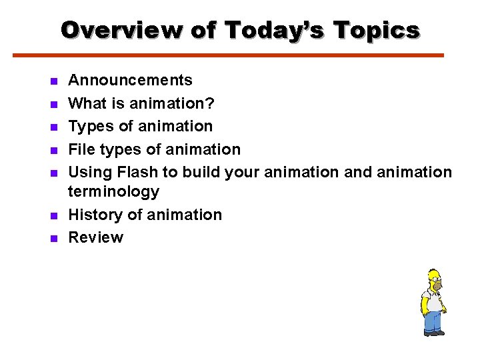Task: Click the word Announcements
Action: (x=131, y=81)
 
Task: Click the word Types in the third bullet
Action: (x=89, y=127)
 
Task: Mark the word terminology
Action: (x=114, y=192)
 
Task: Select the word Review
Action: (x=96, y=237)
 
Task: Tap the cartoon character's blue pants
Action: (x=434, y=321)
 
